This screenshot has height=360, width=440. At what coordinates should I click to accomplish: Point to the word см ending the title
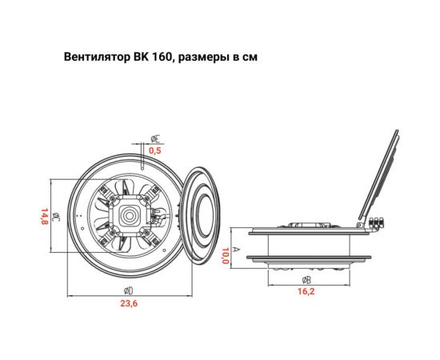252,59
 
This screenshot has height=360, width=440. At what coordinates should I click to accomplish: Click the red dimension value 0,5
155,150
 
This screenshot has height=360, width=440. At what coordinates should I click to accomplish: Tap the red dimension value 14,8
45,217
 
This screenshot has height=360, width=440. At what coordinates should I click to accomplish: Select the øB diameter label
306,280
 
